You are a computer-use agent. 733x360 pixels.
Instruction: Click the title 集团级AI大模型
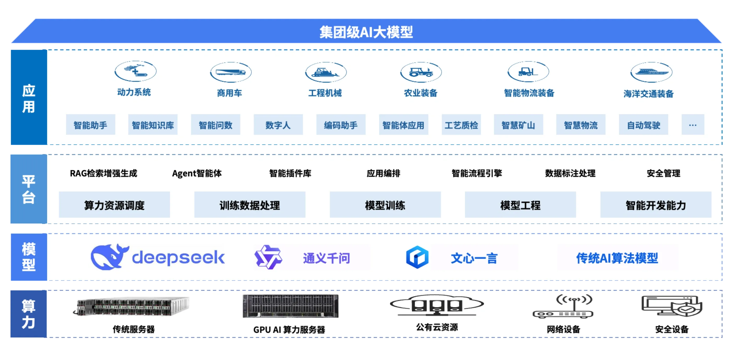pos(366,32)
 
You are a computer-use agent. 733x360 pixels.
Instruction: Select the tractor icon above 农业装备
pos(421,72)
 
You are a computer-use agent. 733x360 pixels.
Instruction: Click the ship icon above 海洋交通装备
pos(651,72)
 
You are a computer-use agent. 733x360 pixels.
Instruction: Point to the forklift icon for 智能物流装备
pos(528,71)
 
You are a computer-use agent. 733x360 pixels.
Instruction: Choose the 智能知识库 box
pos(153,125)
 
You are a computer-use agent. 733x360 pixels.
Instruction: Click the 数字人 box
pos(278,125)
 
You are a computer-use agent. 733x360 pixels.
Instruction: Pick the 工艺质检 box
pos(461,125)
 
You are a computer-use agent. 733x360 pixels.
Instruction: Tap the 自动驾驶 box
pos(643,125)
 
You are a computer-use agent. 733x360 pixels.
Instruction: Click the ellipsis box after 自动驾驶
pos(693,125)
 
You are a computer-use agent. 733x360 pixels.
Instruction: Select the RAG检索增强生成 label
pos(104,173)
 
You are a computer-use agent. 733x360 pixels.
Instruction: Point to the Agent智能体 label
pos(197,173)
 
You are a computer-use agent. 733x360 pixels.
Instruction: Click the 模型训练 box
pos(385,205)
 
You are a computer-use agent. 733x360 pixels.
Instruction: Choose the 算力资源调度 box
pos(114,205)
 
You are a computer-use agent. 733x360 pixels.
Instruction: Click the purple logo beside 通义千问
pos(268,257)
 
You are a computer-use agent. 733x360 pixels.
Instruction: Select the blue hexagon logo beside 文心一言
pos(417,257)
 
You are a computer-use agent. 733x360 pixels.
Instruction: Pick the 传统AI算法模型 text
pos(617,258)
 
